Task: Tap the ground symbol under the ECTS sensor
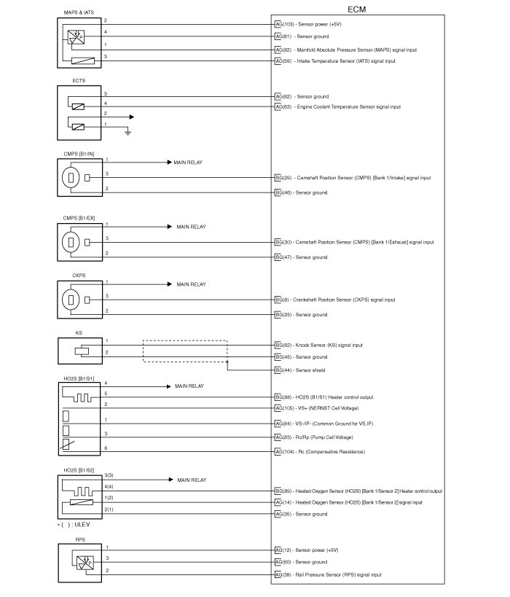pos(127,132)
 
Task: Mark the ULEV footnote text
pos(75,525)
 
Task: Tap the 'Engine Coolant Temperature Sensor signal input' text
pos(348,106)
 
